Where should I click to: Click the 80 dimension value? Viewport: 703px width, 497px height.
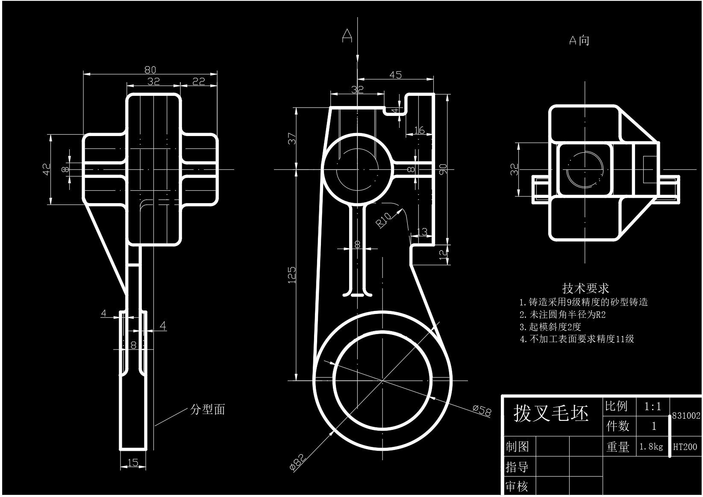150,69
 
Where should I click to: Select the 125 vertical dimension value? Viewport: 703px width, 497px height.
292,275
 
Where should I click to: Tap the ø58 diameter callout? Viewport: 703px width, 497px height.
482,411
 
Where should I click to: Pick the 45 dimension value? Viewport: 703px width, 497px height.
396,75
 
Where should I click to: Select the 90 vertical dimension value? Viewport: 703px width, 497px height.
443,169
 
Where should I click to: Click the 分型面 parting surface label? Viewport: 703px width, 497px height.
208,410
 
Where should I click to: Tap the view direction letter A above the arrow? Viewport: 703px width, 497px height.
347,36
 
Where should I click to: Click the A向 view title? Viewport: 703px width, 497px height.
579,41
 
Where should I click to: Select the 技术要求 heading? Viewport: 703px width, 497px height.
585,288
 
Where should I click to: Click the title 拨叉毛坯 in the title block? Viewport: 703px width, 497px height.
551,413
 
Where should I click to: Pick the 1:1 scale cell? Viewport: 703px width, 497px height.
653,406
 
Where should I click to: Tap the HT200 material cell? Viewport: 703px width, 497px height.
685,447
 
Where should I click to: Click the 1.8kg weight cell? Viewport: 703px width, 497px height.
651,447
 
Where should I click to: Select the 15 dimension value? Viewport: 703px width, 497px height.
133,462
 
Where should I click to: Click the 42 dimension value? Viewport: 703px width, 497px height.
47,169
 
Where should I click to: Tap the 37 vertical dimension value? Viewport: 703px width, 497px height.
292,139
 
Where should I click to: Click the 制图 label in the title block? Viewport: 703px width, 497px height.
518,447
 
